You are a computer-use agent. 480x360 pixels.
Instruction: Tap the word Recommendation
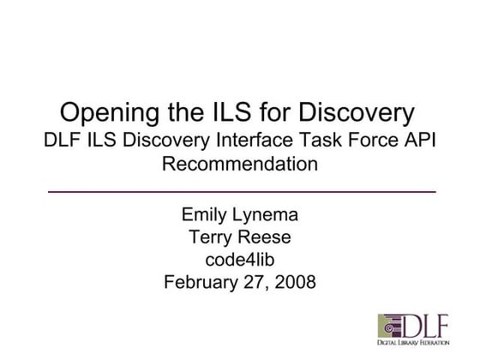[x=240, y=163]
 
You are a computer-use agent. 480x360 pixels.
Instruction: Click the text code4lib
[x=239, y=259]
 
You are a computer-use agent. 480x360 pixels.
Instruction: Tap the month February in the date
[x=201, y=281]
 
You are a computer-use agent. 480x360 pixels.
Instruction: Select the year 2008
[x=295, y=281]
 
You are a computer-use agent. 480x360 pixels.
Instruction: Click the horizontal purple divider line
[x=240, y=189]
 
